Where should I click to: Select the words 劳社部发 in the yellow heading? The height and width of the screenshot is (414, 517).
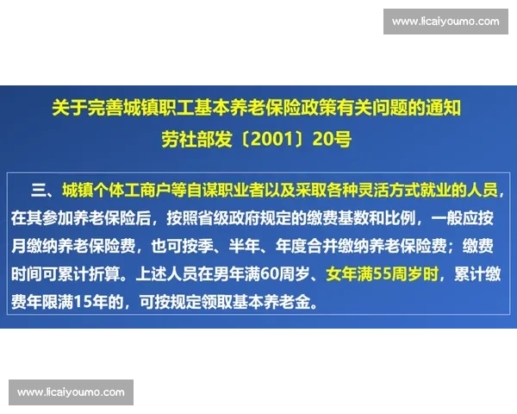click(190, 139)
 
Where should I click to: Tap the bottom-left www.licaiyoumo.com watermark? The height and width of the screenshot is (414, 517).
click(72, 392)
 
